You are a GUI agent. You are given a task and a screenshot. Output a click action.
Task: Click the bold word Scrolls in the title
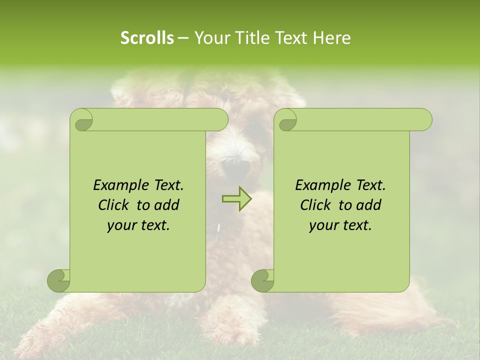point(147,38)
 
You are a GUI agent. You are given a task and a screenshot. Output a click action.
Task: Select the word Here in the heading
point(331,38)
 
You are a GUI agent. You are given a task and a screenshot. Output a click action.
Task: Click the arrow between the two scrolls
point(237,199)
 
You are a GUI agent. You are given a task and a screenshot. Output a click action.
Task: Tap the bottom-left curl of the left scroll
point(58,280)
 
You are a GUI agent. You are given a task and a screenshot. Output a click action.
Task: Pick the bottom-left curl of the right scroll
point(262,280)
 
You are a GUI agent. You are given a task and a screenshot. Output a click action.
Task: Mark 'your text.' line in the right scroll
point(340,225)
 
